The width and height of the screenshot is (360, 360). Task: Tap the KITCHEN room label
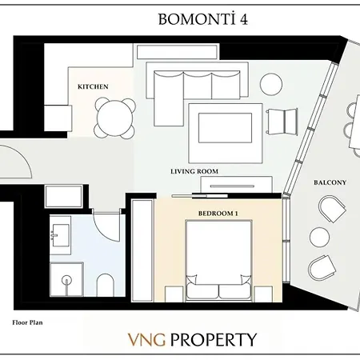tap(93, 86)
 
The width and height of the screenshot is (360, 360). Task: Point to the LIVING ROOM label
tap(194, 171)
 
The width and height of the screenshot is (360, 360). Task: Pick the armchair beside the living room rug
tap(280, 122)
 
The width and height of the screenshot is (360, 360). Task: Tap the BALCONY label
tap(330, 182)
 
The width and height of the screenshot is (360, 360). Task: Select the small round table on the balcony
tap(319, 237)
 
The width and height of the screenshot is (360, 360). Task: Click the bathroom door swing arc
tap(104, 228)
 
